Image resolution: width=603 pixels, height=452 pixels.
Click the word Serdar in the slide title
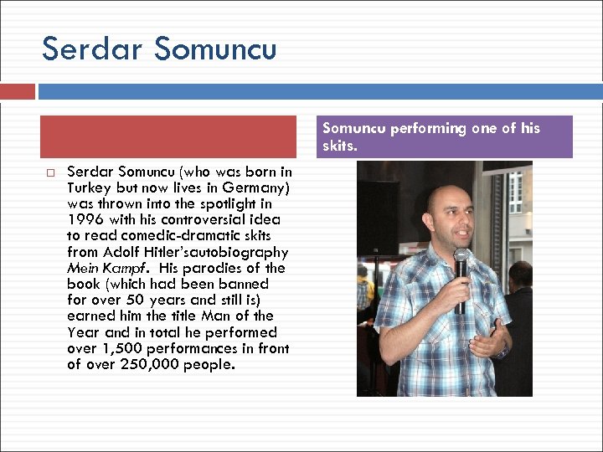(92, 49)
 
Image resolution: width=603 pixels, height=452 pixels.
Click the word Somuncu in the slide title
(216, 49)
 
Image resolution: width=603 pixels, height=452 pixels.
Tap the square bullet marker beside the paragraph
(50, 172)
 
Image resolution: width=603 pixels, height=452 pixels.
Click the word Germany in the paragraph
(252, 188)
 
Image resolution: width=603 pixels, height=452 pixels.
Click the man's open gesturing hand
(490, 338)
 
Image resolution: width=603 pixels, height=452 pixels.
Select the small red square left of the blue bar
(18, 91)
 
